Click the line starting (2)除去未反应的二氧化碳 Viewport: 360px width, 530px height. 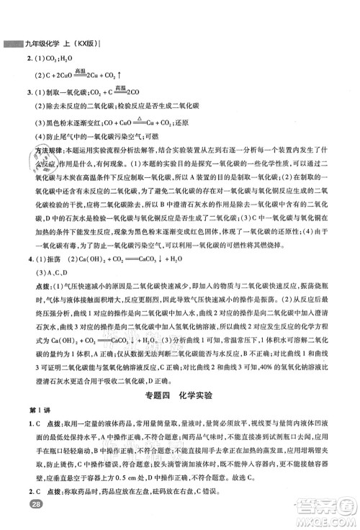tap(108, 108)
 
